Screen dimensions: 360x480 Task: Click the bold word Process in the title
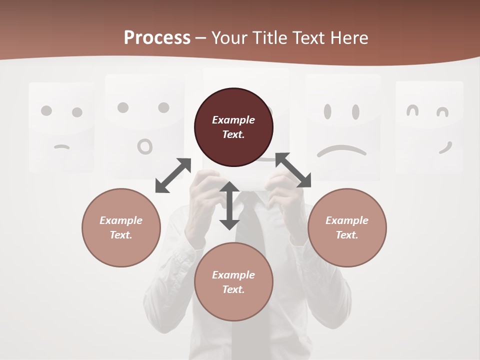click(157, 37)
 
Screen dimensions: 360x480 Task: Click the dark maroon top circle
click(233, 127)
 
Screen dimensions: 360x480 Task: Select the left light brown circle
click(121, 227)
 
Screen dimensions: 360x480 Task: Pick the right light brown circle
click(347, 227)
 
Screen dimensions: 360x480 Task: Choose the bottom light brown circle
click(233, 282)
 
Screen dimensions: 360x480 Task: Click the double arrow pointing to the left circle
click(173, 175)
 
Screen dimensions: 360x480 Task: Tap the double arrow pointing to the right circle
click(293, 170)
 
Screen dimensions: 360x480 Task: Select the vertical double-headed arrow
click(229, 205)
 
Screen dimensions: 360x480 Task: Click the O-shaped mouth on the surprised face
click(145, 146)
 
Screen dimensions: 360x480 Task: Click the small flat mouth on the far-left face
click(61, 147)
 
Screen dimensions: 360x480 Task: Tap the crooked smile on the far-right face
click(445, 148)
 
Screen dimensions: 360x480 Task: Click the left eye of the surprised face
click(123, 107)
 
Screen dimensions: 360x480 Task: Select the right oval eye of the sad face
click(355, 111)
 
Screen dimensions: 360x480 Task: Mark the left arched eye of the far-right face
click(412, 110)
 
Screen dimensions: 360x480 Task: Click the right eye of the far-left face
click(77, 112)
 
